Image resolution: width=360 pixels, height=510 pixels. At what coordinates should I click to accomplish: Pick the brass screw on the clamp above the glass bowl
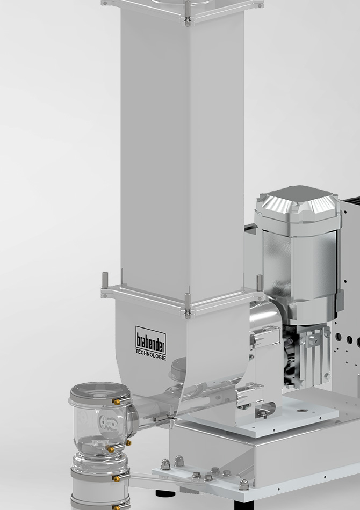point(116,402)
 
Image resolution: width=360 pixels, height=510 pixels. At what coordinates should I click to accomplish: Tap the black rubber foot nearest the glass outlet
point(165,493)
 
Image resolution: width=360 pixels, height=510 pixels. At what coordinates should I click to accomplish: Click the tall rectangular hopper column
point(182,147)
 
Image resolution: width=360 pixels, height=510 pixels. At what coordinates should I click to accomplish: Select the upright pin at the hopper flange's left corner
point(105,280)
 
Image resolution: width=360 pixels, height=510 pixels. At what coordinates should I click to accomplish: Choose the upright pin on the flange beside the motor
point(260,283)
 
